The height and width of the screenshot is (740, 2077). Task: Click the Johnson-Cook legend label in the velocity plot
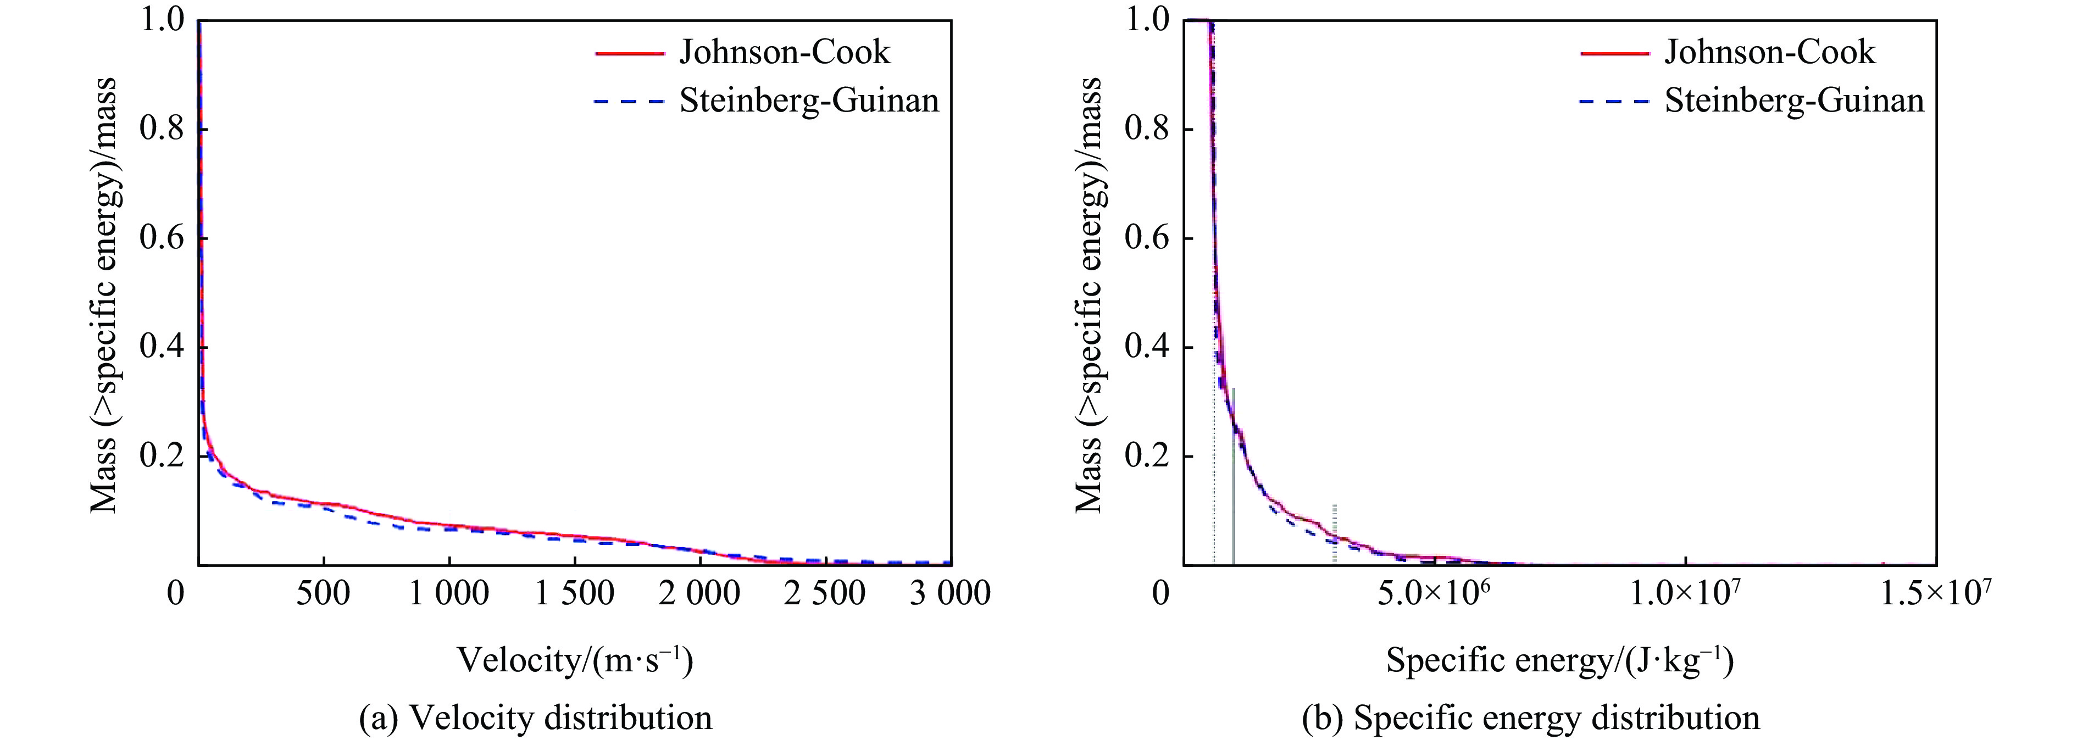click(785, 52)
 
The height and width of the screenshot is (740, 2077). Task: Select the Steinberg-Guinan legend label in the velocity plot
click(809, 101)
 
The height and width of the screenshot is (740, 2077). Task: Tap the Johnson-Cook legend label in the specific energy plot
click(1770, 52)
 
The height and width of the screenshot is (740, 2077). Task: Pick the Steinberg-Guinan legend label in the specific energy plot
click(1794, 101)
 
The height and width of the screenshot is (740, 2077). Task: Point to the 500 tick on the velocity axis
click(323, 594)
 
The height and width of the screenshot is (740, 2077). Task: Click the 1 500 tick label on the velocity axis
click(574, 594)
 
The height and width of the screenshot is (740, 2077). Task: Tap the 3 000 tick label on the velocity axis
click(951, 594)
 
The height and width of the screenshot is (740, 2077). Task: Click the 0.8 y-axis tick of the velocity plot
click(163, 129)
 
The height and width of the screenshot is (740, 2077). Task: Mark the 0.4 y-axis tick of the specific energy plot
click(1148, 347)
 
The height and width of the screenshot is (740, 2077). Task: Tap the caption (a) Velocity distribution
click(535, 717)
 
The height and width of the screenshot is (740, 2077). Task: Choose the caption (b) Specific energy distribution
click(1530, 717)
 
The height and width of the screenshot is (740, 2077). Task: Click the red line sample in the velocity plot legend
click(630, 53)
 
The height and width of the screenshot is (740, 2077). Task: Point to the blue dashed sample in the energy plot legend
click(1615, 102)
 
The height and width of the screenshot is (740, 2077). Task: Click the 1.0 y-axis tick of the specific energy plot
click(1148, 20)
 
